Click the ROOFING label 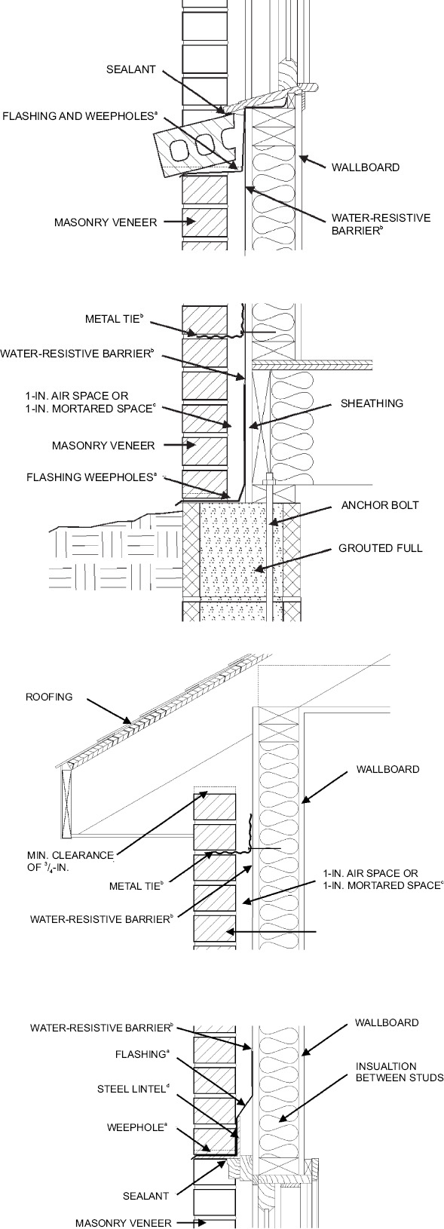click(x=50, y=697)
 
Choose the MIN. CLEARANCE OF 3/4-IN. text click(x=69, y=860)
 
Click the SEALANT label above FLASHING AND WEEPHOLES click(x=130, y=69)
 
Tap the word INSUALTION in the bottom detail click(x=385, y=1066)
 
